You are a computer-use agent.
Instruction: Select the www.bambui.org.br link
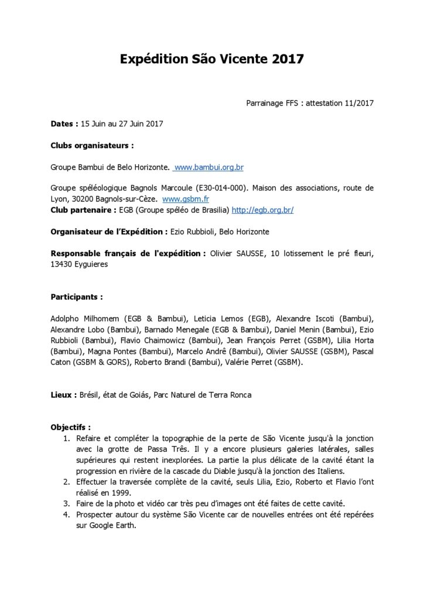point(209,168)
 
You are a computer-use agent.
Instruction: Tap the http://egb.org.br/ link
point(263,210)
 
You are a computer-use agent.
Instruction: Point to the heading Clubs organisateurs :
point(92,145)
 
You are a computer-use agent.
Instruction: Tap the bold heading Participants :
point(77,297)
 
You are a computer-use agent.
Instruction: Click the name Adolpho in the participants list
point(65,319)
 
